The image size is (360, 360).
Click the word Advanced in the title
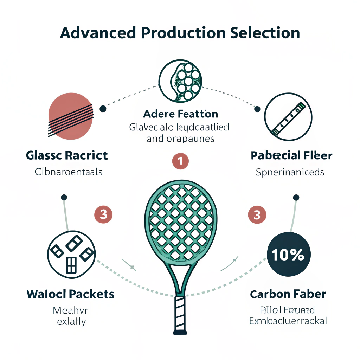click(97, 33)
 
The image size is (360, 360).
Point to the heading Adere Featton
click(180, 114)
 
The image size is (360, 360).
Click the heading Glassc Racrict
click(67, 155)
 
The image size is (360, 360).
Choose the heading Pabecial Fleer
click(291, 155)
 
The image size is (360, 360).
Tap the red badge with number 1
click(180, 161)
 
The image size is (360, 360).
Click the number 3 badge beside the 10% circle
click(257, 214)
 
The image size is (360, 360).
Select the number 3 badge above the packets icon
click(103, 214)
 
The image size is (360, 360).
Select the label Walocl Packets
click(71, 294)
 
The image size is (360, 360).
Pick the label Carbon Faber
click(288, 294)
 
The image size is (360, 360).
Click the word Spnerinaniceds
click(290, 172)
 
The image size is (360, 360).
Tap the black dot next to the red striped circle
click(103, 108)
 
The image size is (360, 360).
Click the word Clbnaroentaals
click(69, 172)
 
